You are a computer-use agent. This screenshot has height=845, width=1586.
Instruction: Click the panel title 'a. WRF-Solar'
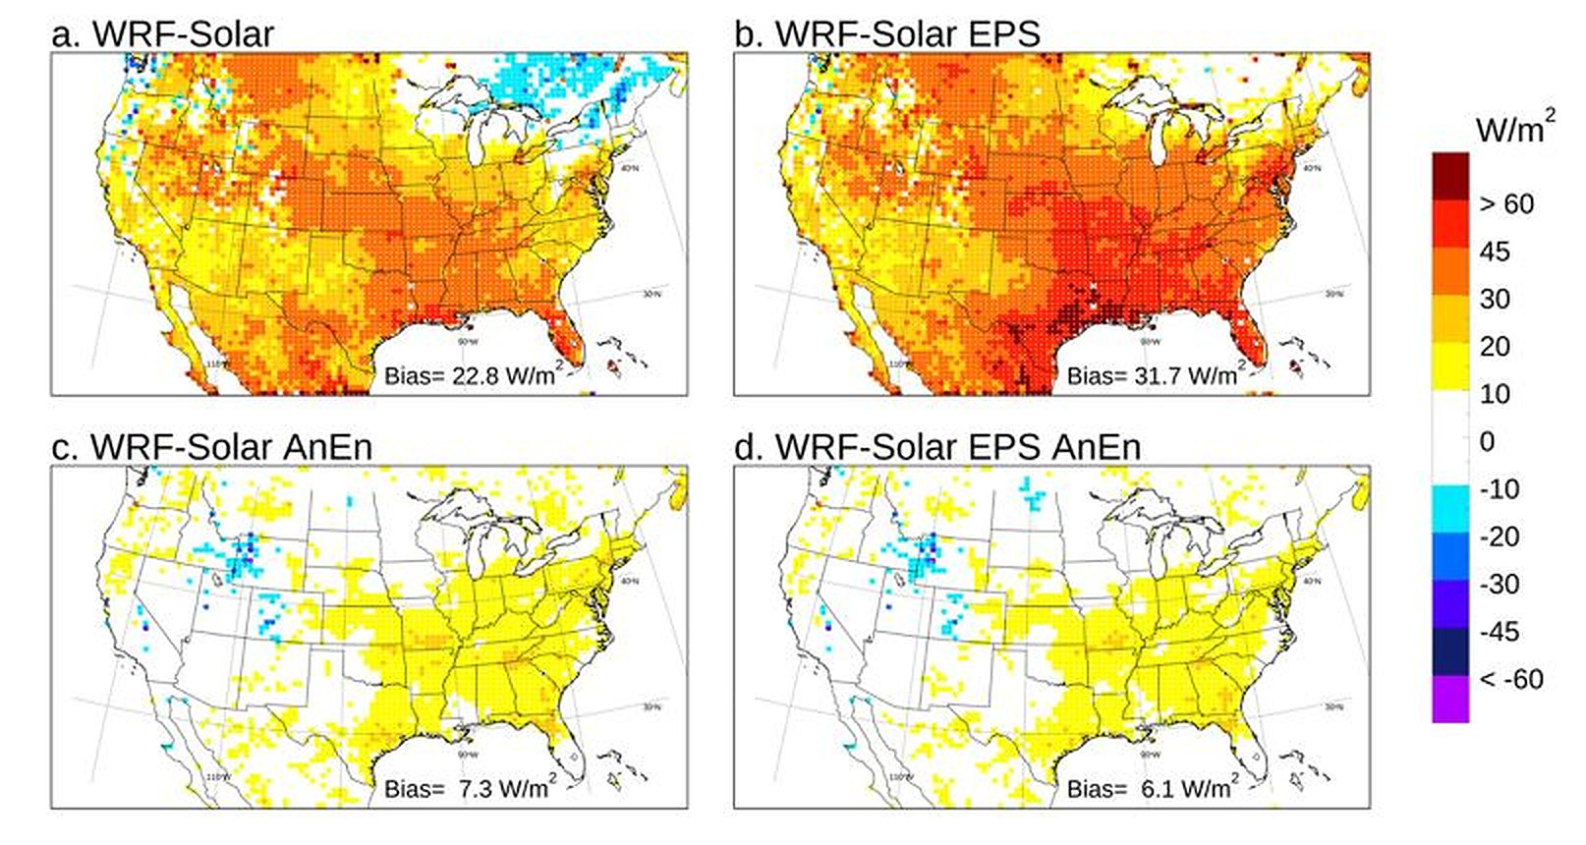pyautogui.click(x=162, y=33)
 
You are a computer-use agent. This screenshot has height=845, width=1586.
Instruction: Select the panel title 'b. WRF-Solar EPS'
pyautogui.click(x=887, y=33)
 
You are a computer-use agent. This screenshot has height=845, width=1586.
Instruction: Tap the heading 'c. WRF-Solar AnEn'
pyautogui.click(x=211, y=447)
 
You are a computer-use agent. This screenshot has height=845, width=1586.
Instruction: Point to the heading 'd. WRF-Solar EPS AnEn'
pyautogui.click(x=937, y=447)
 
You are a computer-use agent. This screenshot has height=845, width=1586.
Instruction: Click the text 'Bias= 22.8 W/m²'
pyautogui.click(x=471, y=374)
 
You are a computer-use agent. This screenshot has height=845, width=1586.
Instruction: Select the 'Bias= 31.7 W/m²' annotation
pyautogui.click(x=1154, y=374)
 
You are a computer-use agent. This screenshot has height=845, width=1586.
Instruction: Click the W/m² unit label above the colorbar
pyautogui.click(x=1514, y=129)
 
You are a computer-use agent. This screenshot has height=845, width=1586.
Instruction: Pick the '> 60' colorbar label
pyautogui.click(x=1506, y=204)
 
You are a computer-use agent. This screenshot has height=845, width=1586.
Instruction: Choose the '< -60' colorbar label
pyautogui.click(x=1511, y=679)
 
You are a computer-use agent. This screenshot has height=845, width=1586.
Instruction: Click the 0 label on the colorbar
pyautogui.click(x=1486, y=441)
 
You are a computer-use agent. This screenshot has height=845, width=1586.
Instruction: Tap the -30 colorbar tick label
pyautogui.click(x=1499, y=584)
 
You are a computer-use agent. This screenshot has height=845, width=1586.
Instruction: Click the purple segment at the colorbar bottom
pyautogui.click(x=1450, y=699)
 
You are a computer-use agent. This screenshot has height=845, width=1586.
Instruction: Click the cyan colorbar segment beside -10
pyautogui.click(x=1450, y=501)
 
